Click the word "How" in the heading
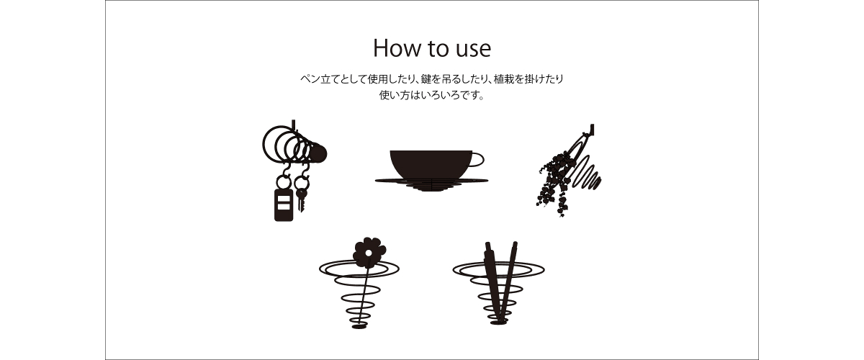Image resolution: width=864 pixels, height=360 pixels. (x=397, y=48)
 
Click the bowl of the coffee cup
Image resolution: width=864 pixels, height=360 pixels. (x=431, y=164)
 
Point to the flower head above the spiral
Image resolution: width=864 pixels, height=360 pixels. (x=369, y=253)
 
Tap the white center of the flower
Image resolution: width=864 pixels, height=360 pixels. (x=369, y=253)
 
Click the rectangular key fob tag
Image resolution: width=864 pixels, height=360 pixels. (x=284, y=205)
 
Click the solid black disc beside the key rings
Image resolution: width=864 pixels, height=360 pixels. (x=318, y=153)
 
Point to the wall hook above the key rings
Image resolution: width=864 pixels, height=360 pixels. (x=293, y=125)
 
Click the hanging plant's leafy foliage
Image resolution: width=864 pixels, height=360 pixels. (x=556, y=182)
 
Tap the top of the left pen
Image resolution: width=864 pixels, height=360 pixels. (x=487, y=244)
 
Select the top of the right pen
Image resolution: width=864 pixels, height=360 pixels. (x=515, y=244)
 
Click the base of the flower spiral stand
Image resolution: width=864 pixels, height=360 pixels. (x=359, y=326)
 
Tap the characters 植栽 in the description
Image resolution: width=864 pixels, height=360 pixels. (x=504, y=79)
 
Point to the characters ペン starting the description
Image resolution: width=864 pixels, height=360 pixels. (x=310, y=79)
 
